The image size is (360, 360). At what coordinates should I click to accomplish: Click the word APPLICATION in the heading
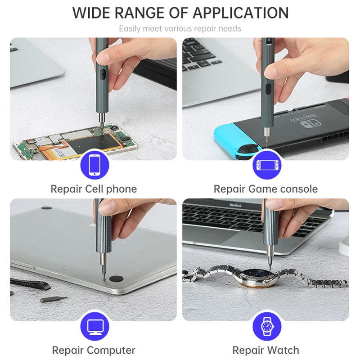pos(241,13)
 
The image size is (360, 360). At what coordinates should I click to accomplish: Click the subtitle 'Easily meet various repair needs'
pos(180,29)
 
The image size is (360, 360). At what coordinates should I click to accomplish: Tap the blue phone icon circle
pos(94,165)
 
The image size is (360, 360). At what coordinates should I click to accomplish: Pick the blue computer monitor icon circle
pos(94,326)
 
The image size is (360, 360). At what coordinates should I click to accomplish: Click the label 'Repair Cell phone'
pos(94,189)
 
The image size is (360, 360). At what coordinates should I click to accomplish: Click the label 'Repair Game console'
pos(265,189)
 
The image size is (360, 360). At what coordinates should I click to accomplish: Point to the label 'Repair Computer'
pos(94,350)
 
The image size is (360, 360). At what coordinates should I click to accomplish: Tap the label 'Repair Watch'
pos(265,350)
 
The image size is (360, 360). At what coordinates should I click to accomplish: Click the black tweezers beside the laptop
pos(29,283)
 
